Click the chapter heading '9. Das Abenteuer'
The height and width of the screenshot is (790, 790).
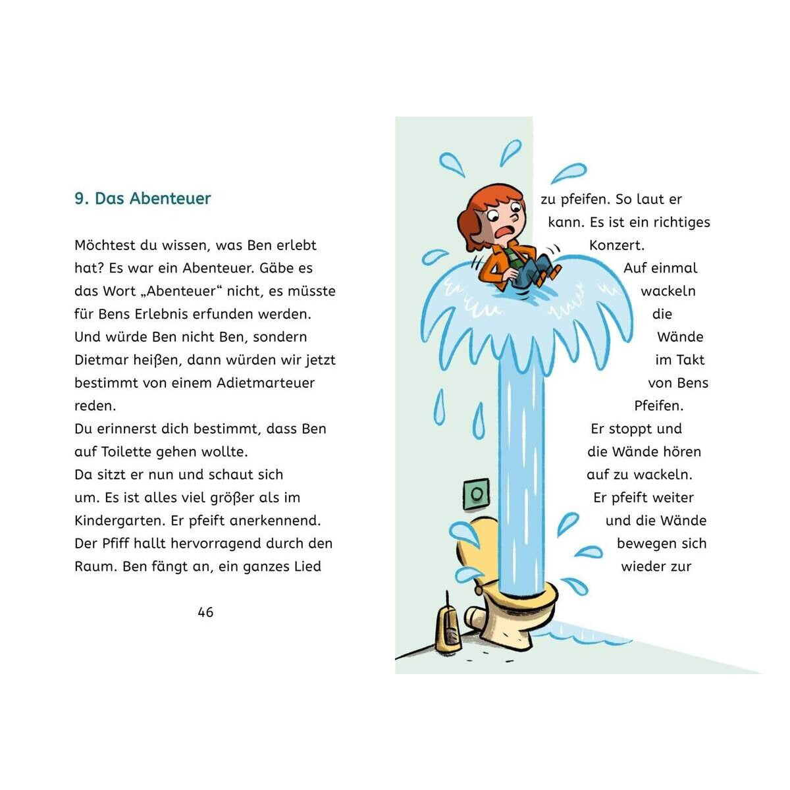click(143, 198)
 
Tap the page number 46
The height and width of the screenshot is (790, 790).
click(205, 612)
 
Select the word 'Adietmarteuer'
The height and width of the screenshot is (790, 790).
click(265, 383)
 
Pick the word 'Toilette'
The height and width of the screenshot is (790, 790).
click(127, 452)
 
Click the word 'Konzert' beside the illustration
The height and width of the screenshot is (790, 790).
click(616, 245)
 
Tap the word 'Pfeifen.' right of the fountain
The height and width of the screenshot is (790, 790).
click(659, 406)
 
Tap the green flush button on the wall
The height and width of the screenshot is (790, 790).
click(477, 494)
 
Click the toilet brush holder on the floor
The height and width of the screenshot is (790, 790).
click(447, 626)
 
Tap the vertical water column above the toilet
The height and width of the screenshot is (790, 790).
click(521, 474)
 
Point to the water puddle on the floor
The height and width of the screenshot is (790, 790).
click(579, 634)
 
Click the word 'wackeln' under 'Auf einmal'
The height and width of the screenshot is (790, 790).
click(668, 291)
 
